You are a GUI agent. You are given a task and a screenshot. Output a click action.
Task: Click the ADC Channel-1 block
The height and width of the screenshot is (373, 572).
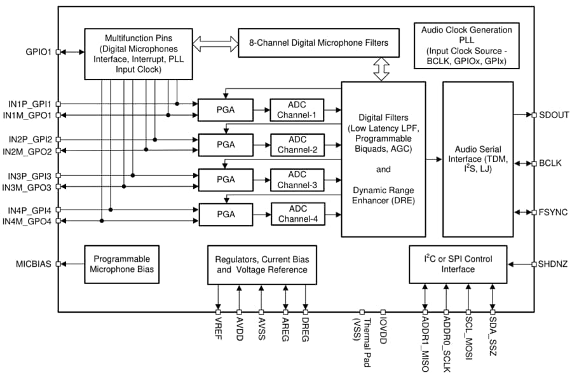(297, 109)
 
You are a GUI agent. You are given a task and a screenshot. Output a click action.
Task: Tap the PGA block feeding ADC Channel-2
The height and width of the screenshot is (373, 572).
(225, 145)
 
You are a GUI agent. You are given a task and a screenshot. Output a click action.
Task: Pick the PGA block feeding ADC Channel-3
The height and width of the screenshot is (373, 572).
(225, 180)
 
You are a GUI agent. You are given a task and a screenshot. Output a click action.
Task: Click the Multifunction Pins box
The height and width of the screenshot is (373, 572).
(139, 54)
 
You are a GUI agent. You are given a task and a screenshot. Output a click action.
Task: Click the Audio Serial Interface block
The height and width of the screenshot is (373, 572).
(478, 159)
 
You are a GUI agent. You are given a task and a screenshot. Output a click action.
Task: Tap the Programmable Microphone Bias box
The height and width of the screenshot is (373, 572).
(121, 264)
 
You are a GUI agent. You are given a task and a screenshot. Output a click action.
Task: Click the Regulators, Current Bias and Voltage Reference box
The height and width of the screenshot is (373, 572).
(261, 265)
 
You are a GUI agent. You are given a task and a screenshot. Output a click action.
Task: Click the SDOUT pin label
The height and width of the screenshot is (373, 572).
(554, 114)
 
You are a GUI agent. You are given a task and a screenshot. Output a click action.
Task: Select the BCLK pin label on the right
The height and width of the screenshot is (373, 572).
(552, 163)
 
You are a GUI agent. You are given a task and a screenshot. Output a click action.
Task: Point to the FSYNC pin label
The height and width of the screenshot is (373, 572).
(553, 212)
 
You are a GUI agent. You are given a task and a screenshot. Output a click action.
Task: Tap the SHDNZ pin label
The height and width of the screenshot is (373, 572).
(554, 264)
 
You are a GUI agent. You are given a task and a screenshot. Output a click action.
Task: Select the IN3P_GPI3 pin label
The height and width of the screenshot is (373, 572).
(30, 175)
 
